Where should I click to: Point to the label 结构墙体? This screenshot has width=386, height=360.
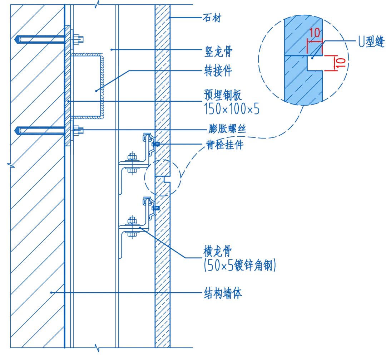[x=223, y=294]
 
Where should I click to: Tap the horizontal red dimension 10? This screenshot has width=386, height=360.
[x=315, y=34]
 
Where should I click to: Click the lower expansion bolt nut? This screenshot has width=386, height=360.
[x=78, y=131]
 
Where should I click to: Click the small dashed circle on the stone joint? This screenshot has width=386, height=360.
[x=161, y=177]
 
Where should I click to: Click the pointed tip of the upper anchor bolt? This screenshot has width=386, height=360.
[x=17, y=39]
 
